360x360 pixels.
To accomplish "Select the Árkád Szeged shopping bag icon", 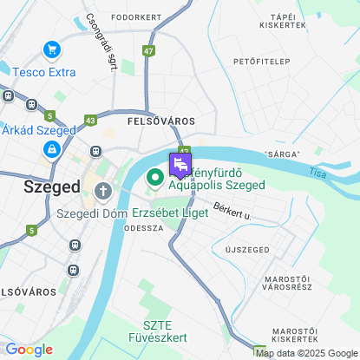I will coord(53,149).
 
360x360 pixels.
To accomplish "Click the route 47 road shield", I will coord(149,52).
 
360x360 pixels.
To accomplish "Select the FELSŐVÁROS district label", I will coord(160,121).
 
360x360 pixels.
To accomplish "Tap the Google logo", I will coord(29,350).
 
